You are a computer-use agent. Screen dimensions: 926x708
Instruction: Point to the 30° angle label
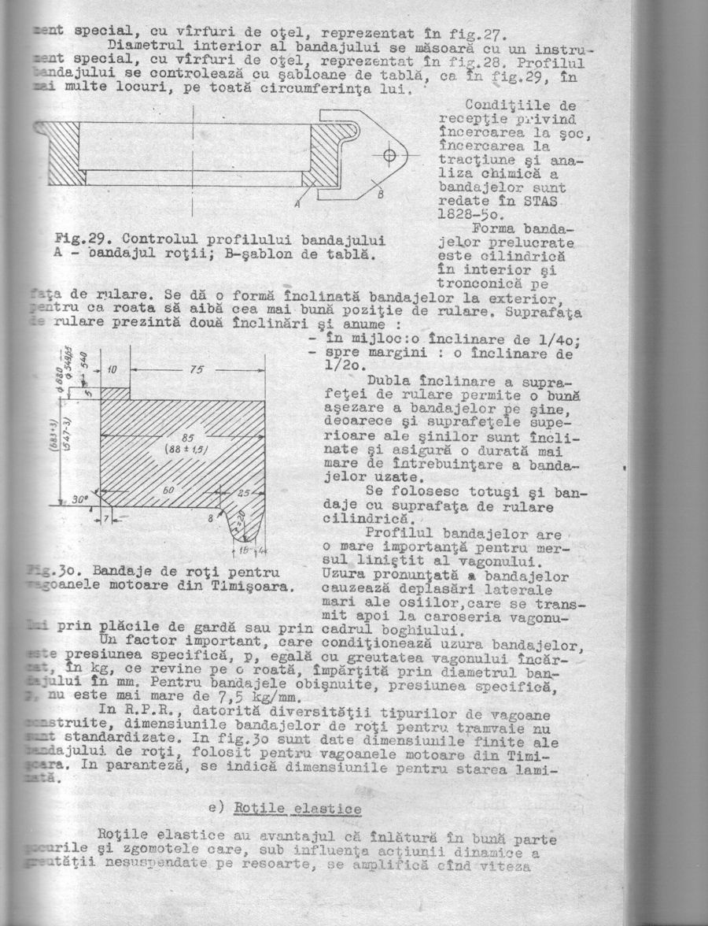(x=77, y=499)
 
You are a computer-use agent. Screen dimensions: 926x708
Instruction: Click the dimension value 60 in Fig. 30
(x=167, y=490)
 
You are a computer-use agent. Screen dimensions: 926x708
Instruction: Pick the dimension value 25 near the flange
(x=244, y=492)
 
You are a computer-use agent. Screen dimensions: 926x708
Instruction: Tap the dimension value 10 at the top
(x=112, y=369)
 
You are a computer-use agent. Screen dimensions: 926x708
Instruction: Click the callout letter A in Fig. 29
(x=298, y=204)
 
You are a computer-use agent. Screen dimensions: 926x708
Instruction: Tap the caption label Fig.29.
(x=78, y=239)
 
